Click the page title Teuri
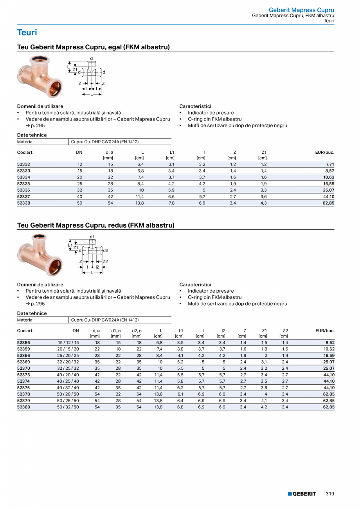pos(27,32)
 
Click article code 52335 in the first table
pos(23,183)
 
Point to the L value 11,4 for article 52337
pos(139,196)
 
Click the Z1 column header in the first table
pos(264,152)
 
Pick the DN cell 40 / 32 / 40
pos(68,388)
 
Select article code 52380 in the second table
pos(23,407)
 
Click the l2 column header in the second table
pos(223,331)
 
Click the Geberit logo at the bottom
pos(302,494)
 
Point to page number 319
pos(330,494)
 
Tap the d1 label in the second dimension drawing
pos(92,237)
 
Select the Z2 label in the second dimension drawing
pos(105,261)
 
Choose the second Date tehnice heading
pos(32,313)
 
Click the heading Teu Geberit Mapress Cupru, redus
pos(95,225)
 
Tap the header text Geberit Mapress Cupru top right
pos(301,10)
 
